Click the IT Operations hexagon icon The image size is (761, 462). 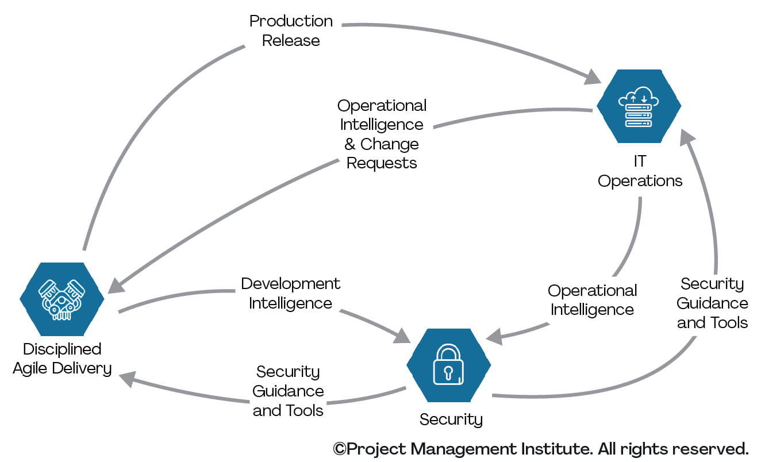coord(639,106)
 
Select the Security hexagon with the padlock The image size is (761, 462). coord(448,365)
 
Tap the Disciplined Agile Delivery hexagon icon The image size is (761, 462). coord(62,299)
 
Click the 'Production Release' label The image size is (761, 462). coord(291,30)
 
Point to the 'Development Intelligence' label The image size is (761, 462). coord(290,293)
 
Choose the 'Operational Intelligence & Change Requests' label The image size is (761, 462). coord(382,134)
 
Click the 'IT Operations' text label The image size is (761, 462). coord(640,171)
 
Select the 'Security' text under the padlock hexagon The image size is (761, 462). coord(451,419)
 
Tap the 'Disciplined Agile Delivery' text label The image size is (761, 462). coord(62,358)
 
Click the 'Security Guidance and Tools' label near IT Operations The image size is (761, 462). coord(712,303)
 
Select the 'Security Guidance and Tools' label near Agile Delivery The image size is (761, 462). coord(288,391)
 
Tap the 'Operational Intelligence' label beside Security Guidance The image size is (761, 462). coord(592,299)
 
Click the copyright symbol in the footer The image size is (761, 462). coord(340,448)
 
